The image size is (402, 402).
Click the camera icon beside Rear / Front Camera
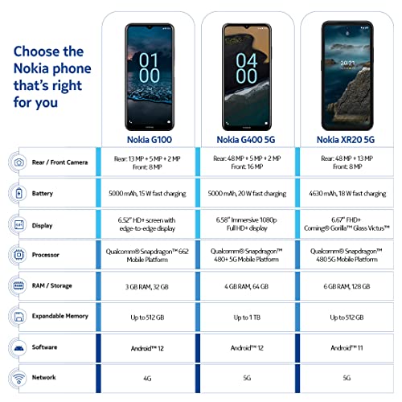[x=18, y=162]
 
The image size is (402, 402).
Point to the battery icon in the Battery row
[x=18, y=194]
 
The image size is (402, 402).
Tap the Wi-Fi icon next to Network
[x=18, y=377]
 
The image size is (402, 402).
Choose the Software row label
[x=49, y=347]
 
